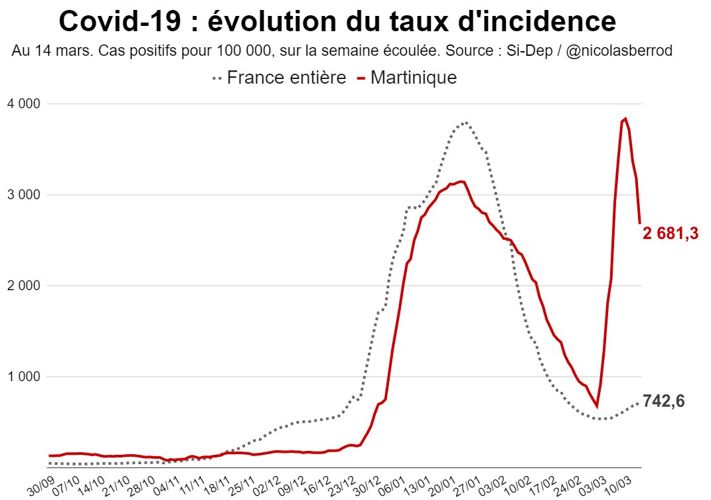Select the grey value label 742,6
point(663,401)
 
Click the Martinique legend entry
point(407,78)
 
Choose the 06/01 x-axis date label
point(392,483)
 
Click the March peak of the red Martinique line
point(625,119)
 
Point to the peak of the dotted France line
point(466,122)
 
